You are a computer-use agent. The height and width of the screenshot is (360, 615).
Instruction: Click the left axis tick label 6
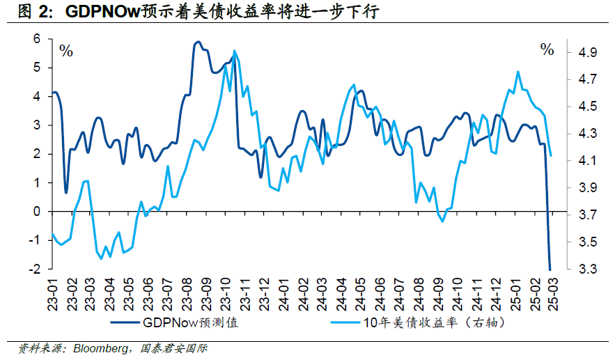(38, 39)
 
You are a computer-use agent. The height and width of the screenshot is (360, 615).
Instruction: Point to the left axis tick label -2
(36, 269)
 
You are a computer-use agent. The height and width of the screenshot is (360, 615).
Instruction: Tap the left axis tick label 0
(38, 212)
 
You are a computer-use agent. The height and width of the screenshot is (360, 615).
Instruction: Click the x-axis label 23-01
(52, 294)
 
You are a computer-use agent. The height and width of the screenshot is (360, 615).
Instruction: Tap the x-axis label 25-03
(552, 294)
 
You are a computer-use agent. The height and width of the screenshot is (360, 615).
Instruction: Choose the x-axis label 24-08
(418, 294)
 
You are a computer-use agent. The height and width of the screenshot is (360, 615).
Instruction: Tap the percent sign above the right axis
(547, 49)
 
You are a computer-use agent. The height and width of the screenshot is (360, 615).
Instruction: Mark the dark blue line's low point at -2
(550, 269)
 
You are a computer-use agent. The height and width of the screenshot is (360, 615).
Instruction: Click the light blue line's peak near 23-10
(234, 51)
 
